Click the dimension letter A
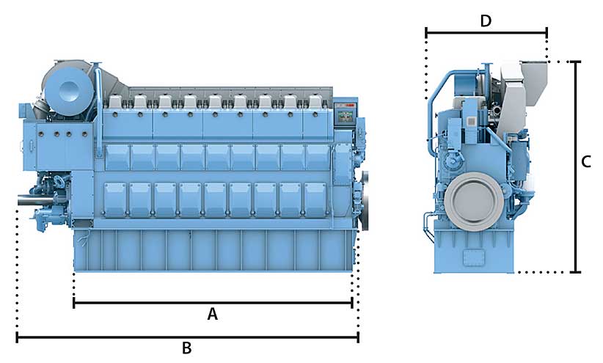(x=212, y=314)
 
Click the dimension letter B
(x=187, y=348)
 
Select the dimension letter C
(x=585, y=162)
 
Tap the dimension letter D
(x=486, y=21)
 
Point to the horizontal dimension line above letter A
(x=213, y=303)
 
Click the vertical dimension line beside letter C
(x=575, y=167)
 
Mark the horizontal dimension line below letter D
(x=486, y=33)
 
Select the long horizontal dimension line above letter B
(x=188, y=337)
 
